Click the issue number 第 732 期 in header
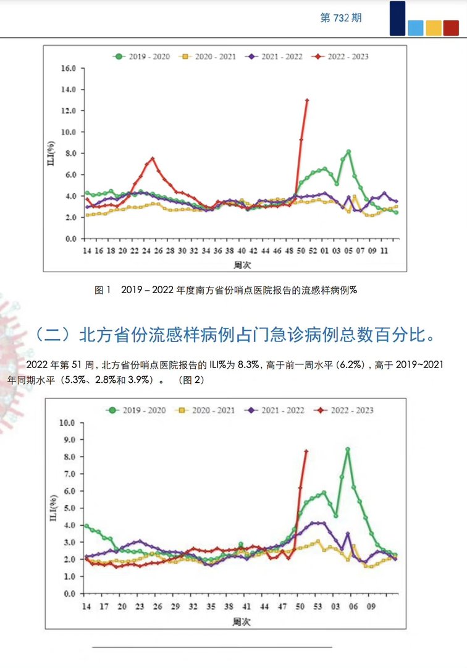(x=341, y=18)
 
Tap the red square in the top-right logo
(x=451, y=28)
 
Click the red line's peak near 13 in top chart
(x=307, y=100)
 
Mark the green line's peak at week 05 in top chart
(x=348, y=152)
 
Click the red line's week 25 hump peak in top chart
(x=153, y=158)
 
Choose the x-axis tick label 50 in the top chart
(x=301, y=252)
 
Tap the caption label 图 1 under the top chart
(x=102, y=289)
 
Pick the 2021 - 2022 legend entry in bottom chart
(x=277, y=409)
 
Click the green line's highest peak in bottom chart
(x=348, y=450)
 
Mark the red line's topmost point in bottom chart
(x=306, y=451)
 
